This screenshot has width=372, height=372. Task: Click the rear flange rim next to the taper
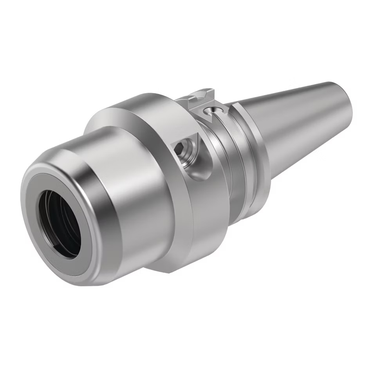[x=255, y=157]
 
